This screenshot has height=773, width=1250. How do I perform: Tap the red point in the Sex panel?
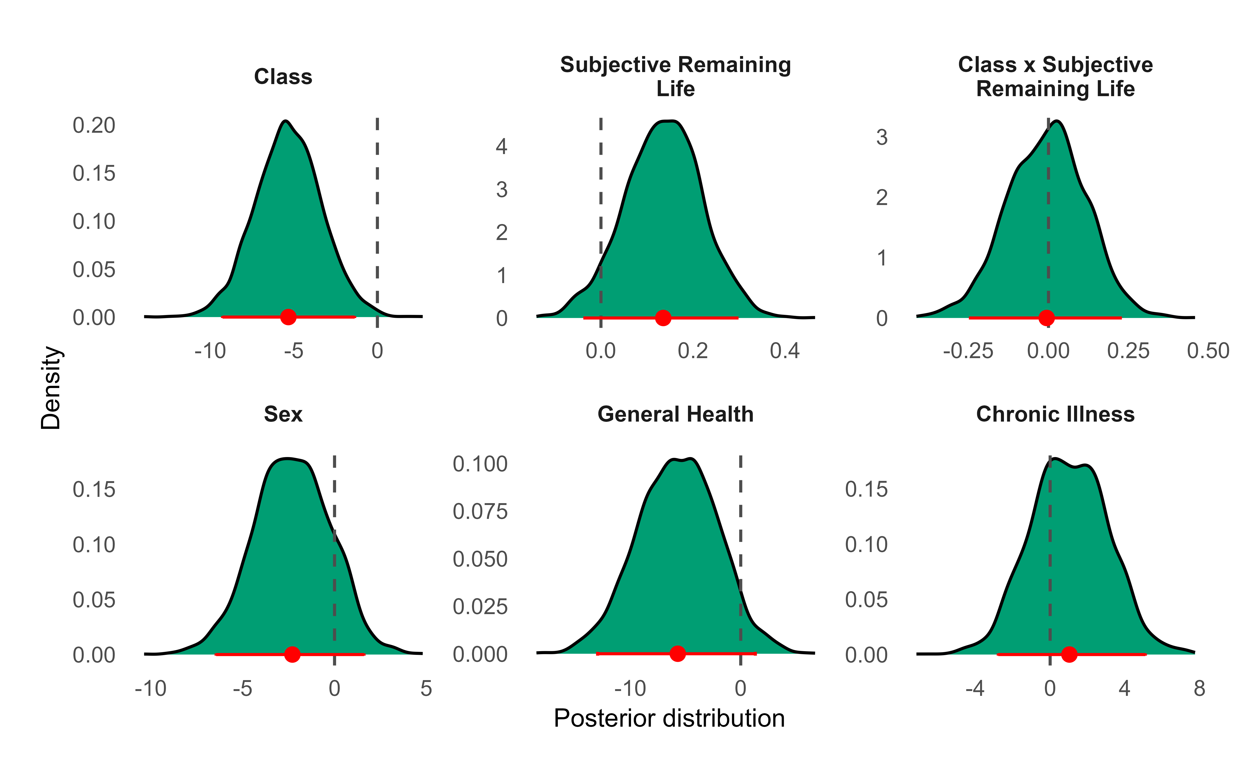point(292,654)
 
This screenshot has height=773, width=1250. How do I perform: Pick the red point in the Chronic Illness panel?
point(1069,654)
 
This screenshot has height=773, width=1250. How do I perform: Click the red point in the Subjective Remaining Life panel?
point(663,318)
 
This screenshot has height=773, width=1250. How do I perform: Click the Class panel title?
point(283,77)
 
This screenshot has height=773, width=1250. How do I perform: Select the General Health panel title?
point(675,414)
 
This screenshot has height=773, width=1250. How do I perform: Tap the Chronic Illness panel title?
point(1055,414)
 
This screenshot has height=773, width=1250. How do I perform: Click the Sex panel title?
point(283,414)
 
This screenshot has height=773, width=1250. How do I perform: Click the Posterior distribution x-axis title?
point(669,718)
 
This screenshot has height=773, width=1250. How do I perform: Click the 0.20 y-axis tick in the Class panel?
point(94,125)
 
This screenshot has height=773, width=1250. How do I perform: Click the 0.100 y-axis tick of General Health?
point(480,464)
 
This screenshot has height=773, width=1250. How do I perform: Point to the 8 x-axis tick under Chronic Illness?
point(1200,689)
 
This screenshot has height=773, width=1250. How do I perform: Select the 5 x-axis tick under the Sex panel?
point(426,689)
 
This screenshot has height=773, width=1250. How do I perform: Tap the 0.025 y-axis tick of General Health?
point(480,607)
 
